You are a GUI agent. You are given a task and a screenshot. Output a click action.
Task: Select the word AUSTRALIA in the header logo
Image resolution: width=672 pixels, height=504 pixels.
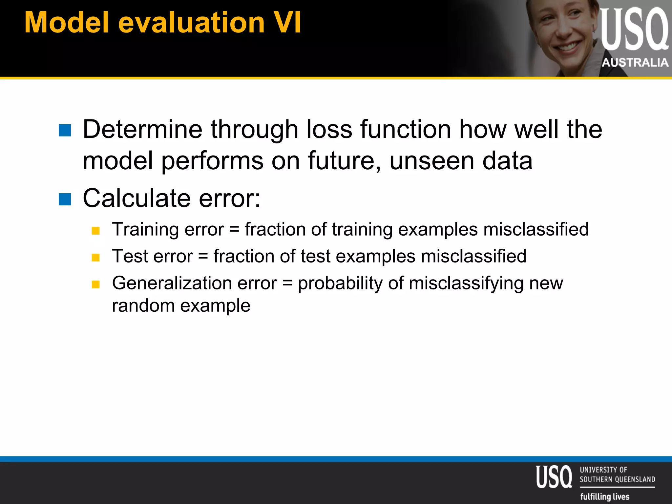635,62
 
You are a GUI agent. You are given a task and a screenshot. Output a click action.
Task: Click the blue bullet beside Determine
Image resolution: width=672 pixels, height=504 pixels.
65,130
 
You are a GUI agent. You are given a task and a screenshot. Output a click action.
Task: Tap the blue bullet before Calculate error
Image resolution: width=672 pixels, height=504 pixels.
65,199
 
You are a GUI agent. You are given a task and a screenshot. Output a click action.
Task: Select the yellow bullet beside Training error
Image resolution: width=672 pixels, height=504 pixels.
95,231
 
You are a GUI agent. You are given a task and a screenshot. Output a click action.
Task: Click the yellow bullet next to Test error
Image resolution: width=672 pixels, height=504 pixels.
95,258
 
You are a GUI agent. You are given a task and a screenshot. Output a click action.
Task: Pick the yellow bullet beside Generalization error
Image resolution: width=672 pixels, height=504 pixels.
95,284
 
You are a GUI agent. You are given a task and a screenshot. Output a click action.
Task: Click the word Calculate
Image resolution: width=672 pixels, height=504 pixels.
136,198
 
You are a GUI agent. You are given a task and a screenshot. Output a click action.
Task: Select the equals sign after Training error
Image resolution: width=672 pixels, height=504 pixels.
234,229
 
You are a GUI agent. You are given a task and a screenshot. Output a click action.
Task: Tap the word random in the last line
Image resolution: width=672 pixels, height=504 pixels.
143,305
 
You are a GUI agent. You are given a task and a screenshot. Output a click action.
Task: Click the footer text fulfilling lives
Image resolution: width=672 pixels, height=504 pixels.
605,496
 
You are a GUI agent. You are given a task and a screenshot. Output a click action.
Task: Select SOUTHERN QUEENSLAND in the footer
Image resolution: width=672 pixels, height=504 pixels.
617,479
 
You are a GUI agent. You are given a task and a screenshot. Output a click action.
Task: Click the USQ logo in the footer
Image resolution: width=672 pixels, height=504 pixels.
554,477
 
